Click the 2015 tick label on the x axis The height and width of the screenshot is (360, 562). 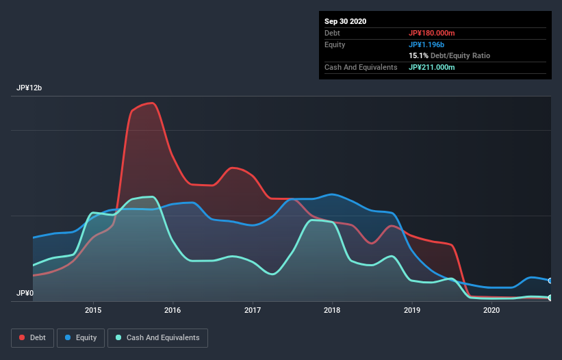tap(93, 311)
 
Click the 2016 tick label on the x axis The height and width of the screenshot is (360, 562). tap(173, 311)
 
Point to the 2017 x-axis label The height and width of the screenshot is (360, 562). tap(253, 311)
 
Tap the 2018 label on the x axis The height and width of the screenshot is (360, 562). tap(332, 311)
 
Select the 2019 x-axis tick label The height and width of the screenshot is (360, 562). tap(412, 311)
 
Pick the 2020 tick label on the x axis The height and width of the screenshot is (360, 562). tap(491, 311)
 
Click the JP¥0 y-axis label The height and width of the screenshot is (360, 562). tap(25, 293)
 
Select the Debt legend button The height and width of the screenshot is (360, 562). tap(31, 337)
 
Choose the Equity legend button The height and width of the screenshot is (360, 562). tap(81, 337)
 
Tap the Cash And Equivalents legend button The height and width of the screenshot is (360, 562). tap(157, 337)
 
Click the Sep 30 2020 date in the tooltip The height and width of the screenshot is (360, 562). tap(346, 21)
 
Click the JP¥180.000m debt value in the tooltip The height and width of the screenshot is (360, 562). tap(432, 33)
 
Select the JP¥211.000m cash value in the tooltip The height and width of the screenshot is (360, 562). tap(432, 67)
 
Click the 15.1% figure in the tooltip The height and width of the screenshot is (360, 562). tap(418, 55)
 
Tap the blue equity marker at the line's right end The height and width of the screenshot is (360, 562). tap(550, 281)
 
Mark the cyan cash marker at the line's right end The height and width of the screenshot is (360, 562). tap(550, 298)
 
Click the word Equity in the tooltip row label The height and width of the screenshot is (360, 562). tap(335, 44)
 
